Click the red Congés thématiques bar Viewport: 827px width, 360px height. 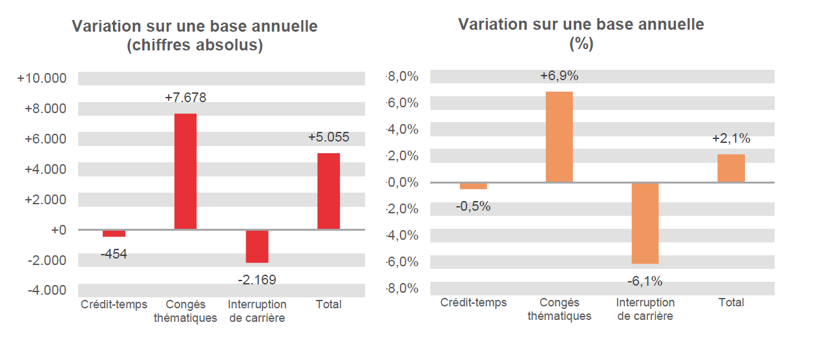[185, 171]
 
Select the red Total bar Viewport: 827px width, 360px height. [328, 191]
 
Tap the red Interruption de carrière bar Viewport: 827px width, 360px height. [257, 246]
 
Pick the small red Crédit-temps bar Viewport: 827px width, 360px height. [114, 233]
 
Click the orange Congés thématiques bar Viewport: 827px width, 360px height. [559, 137]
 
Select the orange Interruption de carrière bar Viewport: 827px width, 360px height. [645, 223]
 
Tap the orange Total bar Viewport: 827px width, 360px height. [731, 169]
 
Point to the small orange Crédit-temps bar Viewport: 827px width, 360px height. [474, 186]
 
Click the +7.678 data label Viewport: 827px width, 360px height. [185, 98]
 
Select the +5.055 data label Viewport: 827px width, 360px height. [328, 137]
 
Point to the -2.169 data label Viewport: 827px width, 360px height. [256, 280]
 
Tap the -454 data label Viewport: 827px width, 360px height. [114, 254]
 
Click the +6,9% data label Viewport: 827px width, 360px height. [559, 76]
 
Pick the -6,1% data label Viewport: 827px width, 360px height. [645, 281]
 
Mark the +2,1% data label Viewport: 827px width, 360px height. [731, 138]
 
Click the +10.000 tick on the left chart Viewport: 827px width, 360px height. [42, 78]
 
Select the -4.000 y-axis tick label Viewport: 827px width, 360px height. [47, 290]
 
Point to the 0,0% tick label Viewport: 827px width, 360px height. [403, 182]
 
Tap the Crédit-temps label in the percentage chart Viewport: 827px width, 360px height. [474, 302]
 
